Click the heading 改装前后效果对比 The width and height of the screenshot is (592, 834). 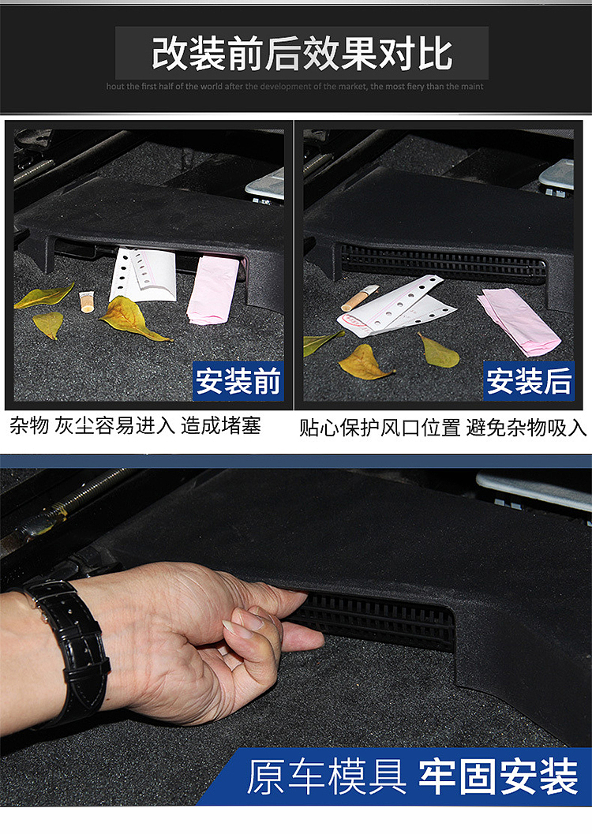pyautogui.click(x=302, y=53)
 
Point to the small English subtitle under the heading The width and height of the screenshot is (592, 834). pyautogui.click(x=295, y=87)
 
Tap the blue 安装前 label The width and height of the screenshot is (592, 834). pyautogui.click(x=238, y=382)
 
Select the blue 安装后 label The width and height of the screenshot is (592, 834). pyautogui.click(x=528, y=382)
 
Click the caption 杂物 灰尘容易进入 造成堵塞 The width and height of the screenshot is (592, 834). pyautogui.click(x=135, y=426)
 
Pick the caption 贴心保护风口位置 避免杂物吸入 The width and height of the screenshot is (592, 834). pyautogui.click(x=443, y=428)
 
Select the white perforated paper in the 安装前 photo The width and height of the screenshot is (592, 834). pyautogui.click(x=143, y=274)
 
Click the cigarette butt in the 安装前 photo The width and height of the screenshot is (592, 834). pyautogui.click(x=86, y=301)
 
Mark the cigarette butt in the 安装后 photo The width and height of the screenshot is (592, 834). pyautogui.click(x=360, y=298)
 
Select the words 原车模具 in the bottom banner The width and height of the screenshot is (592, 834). pyautogui.click(x=326, y=777)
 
